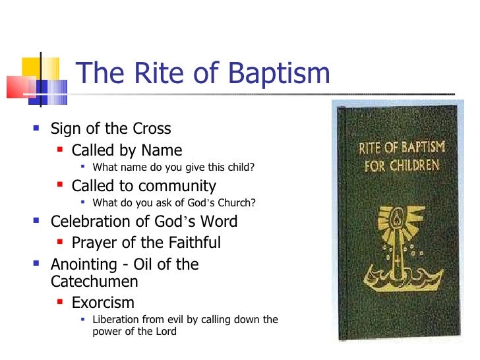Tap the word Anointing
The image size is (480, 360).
(x=85, y=265)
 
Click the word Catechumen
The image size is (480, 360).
(x=95, y=282)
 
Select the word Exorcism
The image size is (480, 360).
(x=103, y=303)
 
